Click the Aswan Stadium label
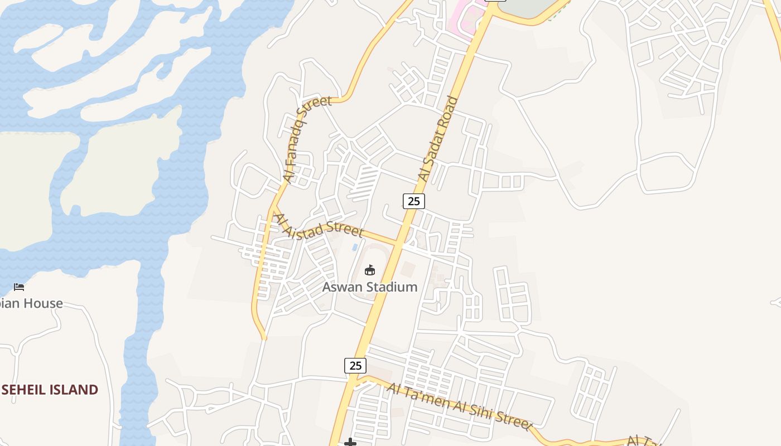coord(370,287)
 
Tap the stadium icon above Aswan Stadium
coord(369,270)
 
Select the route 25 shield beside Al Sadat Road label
coord(413,201)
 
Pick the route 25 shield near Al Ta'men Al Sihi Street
coord(355,366)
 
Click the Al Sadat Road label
coord(438,139)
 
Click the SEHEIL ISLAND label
coord(50,390)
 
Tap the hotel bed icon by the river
coord(19,287)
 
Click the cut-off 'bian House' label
coord(31,304)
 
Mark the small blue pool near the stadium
coord(355,247)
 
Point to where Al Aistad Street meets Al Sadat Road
coord(398,243)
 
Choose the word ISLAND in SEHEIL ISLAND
coord(73,390)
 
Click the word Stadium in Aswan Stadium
coord(389,287)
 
